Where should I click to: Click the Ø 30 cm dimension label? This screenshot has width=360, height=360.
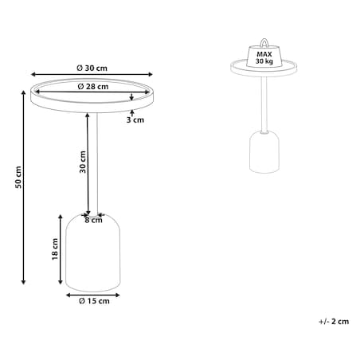pos(92,68)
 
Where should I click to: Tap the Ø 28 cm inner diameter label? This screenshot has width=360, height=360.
pos(93,87)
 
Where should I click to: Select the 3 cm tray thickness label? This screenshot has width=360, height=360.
pos(135,120)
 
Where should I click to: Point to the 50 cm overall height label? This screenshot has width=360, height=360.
pos(18,177)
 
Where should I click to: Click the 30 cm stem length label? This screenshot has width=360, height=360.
pos(83,162)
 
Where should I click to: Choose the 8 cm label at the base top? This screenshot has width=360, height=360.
pos(93,220)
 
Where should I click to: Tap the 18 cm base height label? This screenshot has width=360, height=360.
pos(55,249)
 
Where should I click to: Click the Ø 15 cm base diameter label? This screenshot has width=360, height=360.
pos(94,301)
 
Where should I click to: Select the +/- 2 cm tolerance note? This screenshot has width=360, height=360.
pos(334,322)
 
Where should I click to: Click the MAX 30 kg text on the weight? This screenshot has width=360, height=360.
pos(264,58)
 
